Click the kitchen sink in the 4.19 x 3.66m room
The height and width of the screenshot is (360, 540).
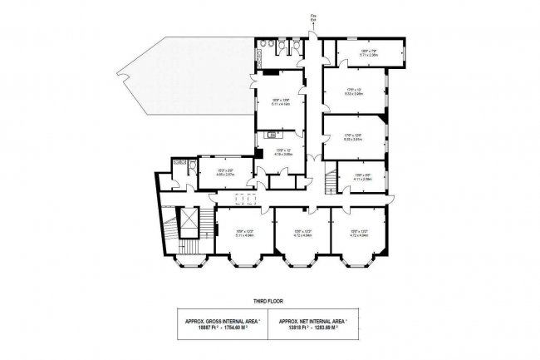click(x=272, y=134)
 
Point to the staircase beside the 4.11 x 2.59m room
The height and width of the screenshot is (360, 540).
click(x=331, y=175)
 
